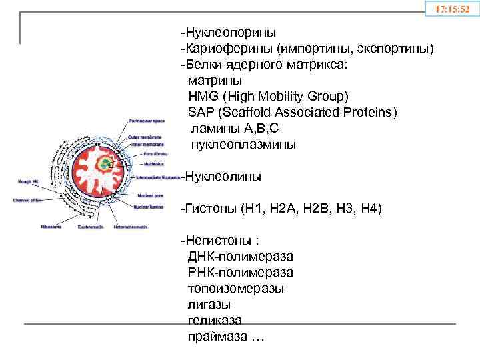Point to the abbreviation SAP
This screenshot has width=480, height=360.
(201, 112)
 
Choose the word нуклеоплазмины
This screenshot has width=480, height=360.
(243, 145)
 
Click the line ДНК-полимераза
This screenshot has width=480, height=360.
(240, 257)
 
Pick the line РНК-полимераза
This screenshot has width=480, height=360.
(240, 273)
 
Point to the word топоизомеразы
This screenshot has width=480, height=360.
(235, 289)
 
